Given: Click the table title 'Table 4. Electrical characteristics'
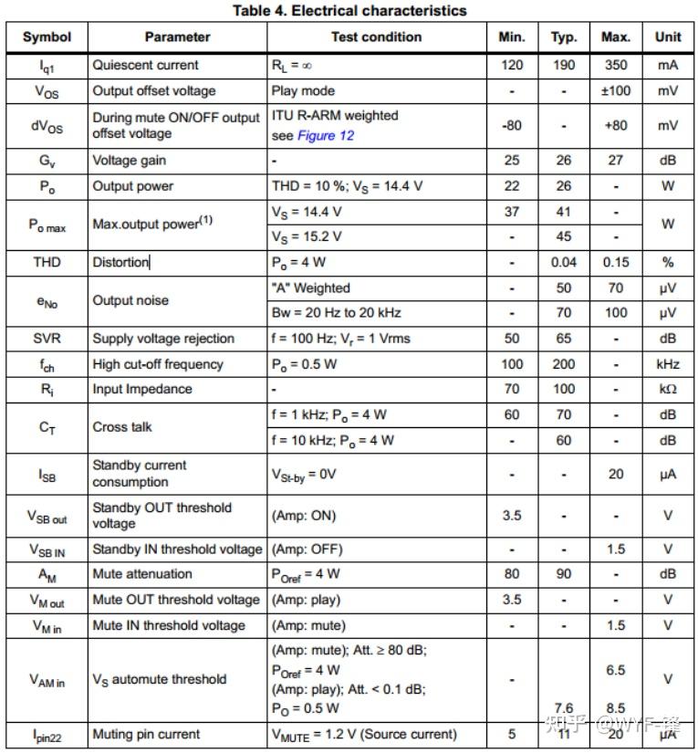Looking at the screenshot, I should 349,11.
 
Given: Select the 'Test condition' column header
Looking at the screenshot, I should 376,37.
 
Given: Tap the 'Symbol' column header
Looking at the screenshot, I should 47,37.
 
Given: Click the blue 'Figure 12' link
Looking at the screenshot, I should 326,136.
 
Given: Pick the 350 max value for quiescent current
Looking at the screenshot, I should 616,66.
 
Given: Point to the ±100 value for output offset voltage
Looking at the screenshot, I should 616,91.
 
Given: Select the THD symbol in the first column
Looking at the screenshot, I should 47,263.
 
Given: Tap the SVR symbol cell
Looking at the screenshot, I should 47,339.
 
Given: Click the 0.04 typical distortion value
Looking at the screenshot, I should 564,263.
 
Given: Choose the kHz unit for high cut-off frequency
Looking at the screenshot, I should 668,364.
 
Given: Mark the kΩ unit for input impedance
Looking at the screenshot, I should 668,390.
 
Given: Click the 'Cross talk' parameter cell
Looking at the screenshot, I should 122,427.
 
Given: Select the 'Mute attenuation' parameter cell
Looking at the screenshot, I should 142,574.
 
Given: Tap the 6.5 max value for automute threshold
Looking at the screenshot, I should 616,670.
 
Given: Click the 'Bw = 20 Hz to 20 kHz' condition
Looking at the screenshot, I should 337,313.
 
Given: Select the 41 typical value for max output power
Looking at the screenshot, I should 564,212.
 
